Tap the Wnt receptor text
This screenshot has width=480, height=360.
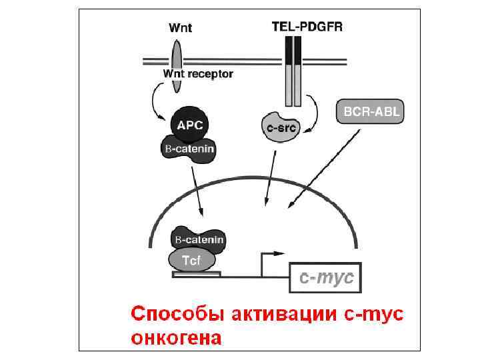[x=198, y=75]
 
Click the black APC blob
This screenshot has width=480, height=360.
[x=190, y=123]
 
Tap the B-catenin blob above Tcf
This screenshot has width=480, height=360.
[x=198, y=239]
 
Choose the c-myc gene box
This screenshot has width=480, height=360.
[x=324, y=277]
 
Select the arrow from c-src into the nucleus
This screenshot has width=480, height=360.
[x=270, y=177]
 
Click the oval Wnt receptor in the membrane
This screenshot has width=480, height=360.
[x=176, y=65]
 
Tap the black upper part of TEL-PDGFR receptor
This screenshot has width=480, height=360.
[x=293, y=50]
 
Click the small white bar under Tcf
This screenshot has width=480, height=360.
[x=196, y=273]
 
